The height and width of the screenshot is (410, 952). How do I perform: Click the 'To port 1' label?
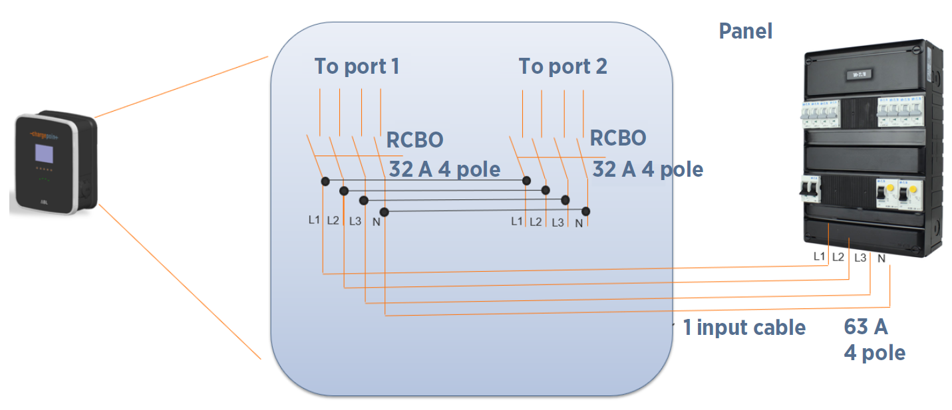pos(357,66)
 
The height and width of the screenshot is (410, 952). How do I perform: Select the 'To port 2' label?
pos(563,66)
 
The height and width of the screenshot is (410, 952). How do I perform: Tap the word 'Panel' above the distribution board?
pos(745,31)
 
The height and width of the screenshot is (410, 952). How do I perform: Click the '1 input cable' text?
pos(744,327)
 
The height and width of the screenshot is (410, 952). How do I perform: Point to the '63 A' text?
pos(866,327)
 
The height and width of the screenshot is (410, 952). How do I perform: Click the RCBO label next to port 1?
pos(415,140)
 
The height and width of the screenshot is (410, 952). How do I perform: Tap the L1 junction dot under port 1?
pos(325,181)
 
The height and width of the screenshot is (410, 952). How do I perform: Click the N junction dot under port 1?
pos(384,211)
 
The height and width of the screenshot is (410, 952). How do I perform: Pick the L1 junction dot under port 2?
pos(526,180)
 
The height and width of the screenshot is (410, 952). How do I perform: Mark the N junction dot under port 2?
pos(586,211)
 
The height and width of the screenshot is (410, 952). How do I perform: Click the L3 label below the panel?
pos(860,257)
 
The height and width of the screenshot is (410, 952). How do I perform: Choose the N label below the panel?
pos(881,258)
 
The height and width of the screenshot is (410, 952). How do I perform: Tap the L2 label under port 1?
pos(333,221)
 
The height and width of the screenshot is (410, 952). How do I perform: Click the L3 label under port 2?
pos(557,222)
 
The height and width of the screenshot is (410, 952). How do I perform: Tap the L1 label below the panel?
pos(820,256)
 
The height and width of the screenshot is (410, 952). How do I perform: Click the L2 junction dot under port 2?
pos(546,190)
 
